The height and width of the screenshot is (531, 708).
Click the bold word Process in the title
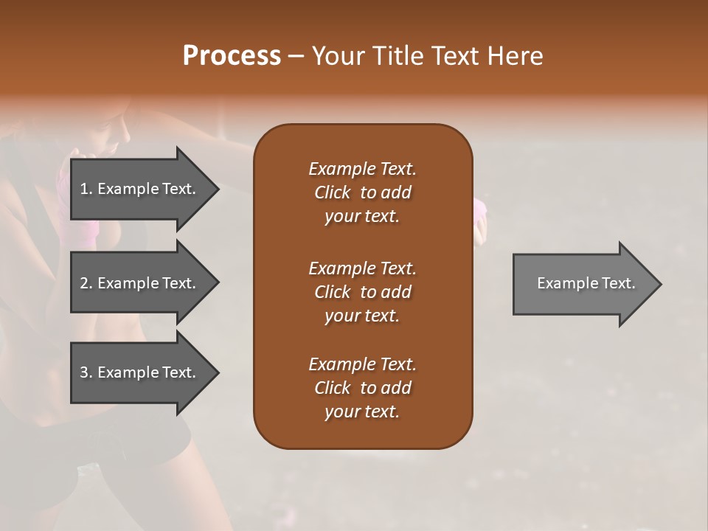tap(232, 56)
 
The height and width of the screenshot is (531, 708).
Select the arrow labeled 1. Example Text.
tap(140, 189)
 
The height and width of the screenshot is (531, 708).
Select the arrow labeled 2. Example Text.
tap(140, 283)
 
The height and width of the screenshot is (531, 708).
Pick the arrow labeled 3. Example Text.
tap(140, 372)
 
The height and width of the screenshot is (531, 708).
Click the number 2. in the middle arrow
tap(86, 283)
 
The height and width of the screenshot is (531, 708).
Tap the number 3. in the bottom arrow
tap(86, 372)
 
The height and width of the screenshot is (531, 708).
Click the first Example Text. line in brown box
tap(362, 169)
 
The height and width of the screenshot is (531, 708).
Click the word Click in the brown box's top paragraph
tap(332, 192)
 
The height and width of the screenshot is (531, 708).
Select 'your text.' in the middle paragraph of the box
tap(362, 316)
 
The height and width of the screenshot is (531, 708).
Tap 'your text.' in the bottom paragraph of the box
tap(362, 412)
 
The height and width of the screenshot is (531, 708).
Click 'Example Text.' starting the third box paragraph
tap(362, 364)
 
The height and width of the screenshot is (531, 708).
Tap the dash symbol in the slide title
tap(296, 56)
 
